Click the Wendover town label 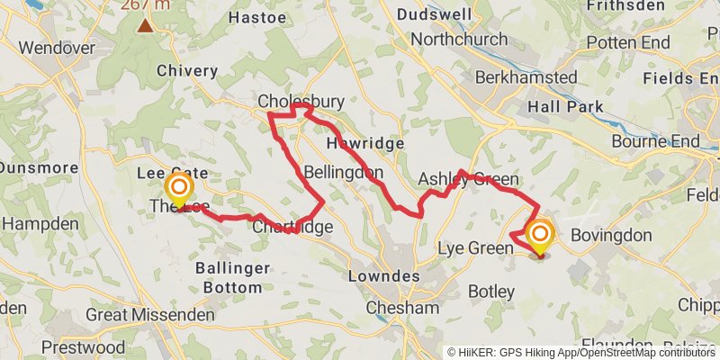pos(50,47)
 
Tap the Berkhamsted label pos(526,76)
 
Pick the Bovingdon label pos(610,235)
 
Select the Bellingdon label pos(344,171)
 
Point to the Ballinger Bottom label pos(233,278)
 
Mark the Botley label pos(491,291)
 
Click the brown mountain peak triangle pos(145,24)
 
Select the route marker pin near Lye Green pos(541,238)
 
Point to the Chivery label pos(187,70)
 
